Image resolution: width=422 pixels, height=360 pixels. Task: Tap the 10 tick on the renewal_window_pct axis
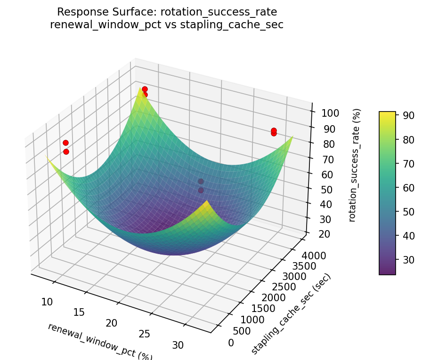click(x=47, y=302)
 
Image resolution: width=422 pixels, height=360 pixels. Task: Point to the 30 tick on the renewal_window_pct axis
click(x=178, y=344)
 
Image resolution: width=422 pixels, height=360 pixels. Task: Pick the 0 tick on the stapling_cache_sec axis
click(x=231, y=343)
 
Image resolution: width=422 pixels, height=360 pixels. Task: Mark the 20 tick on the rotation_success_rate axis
click(x=323, y=234)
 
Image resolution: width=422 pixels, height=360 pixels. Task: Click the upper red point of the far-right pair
click(x=274, y=130)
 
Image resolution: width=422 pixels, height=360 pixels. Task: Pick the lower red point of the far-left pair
click(x=66, y=152)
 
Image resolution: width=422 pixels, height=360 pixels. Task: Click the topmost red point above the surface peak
click(x=145, y=89)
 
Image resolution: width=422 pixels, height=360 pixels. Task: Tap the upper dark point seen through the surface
click(x=201, y=181)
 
